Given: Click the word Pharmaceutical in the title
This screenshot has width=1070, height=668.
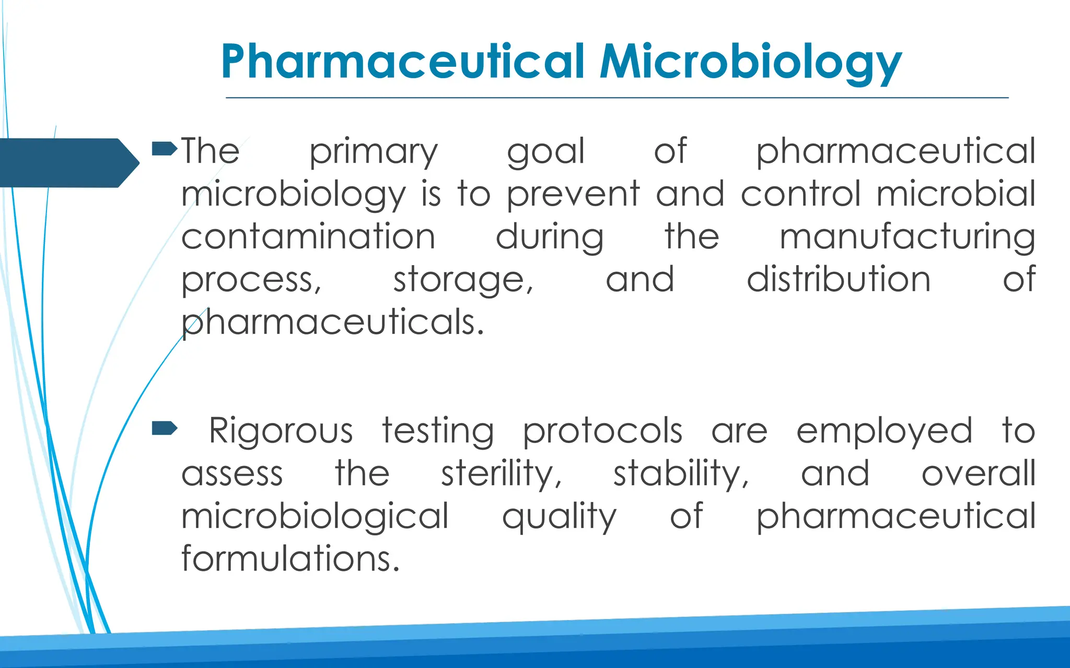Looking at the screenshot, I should pyautogui.click(x=402, y=62).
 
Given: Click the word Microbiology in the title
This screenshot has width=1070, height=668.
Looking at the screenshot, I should pyautogui.click(x=750, y=62).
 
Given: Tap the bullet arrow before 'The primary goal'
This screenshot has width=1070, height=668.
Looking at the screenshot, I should pyautogui.click(x=164, y=149).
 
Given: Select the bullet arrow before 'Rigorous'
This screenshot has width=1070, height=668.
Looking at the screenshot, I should pyautogui.click(x=164, y=429).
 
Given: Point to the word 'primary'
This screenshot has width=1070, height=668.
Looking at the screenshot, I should pyautogui.click(x=373, y=152).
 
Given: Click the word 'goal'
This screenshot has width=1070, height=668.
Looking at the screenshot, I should pyautogui.click(x=545, y=152).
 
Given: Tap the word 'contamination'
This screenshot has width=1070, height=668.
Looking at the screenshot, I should pyautogui.click(x=308, y=237).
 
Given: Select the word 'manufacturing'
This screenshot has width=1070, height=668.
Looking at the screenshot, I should pyautogui.click(x=907, y=237).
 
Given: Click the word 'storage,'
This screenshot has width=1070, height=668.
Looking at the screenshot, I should pyautogui.click(x=463, y=280).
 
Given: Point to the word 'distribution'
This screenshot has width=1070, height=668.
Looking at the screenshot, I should pyautogui.click(x=838, y=279).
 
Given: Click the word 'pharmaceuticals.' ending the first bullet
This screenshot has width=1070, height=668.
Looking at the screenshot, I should pyautogui.click(x=332, y=323).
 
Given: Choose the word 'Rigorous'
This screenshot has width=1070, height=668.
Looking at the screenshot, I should pyautogui.click(x=281, y=432).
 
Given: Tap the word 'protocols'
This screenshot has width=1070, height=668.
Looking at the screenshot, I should pyautogui.click(x=602, y=432).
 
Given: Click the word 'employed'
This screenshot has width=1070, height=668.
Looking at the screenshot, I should pyautogui.click(x=884, y=432).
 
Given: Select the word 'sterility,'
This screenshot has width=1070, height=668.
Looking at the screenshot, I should pyautogui.click(x=501, y=474).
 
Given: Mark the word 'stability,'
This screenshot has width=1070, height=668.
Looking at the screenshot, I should pyautogui.click(x=681, y=474).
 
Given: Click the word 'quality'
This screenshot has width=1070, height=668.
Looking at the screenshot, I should pyautogui.click(x=559, y=517).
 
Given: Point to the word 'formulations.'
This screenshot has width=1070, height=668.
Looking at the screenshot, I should pyautogui.click(x=290, y=559).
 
